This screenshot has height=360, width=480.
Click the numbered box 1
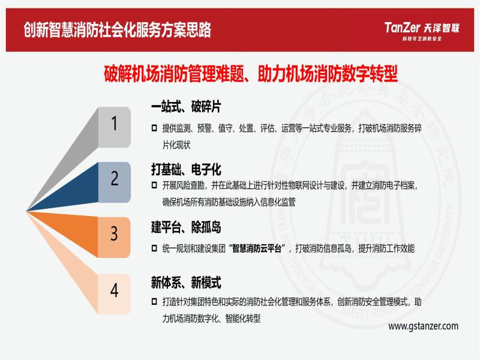point(115,127)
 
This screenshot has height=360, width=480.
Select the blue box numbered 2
point(115,182)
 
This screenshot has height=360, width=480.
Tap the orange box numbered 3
point(115,237)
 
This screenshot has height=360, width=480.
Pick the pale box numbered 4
point(115,294)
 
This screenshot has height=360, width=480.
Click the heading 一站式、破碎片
point(186,107)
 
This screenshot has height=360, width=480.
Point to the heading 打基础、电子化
point(186,169)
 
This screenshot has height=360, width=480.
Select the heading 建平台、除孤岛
point(186,227)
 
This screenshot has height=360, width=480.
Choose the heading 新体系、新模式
point(186,282)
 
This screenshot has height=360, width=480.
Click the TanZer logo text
point(401,28)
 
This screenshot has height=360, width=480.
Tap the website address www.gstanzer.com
point(424,326)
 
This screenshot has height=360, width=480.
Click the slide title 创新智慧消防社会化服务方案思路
point(117,29)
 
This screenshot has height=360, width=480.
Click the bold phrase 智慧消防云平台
point(257,248)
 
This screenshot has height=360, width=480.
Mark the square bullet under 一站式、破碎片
point(155,128)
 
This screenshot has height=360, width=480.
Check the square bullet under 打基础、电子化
point(155,185)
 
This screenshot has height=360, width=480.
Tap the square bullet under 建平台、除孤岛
point(155,248)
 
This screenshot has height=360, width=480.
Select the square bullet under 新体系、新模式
point(155,302)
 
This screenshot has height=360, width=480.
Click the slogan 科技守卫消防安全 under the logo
point(422,38)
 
